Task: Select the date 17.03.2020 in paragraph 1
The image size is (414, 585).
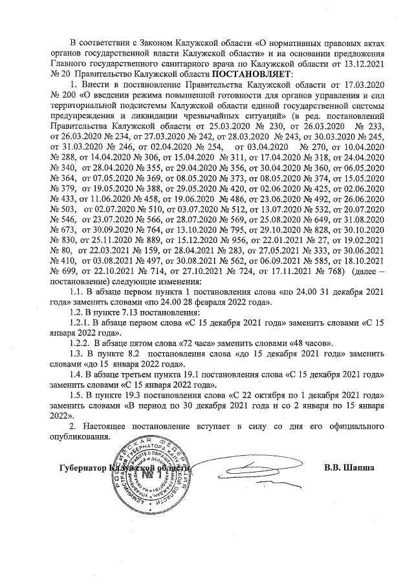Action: tap(365, 84)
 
